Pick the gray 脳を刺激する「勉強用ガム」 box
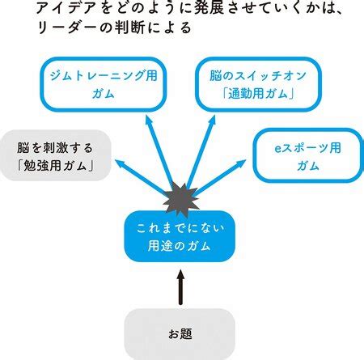(x=55, y=155)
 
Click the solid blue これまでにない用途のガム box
(x=180, y=236)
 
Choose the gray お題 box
(x=180, y=334)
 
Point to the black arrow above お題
(x=180, y=287)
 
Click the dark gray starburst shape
(x=181, y=200)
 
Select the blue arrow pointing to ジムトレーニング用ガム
(x=160, y=152)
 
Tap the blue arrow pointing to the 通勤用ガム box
(x=201, y=152)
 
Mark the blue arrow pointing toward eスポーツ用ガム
(x=219, y=178)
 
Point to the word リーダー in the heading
(x=68, y=28)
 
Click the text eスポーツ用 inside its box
(x=308, y=148)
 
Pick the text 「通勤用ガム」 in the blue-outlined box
(x=258, y=94)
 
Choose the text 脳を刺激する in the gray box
(x=55, y=148)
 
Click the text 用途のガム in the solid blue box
(x=179, y=246)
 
